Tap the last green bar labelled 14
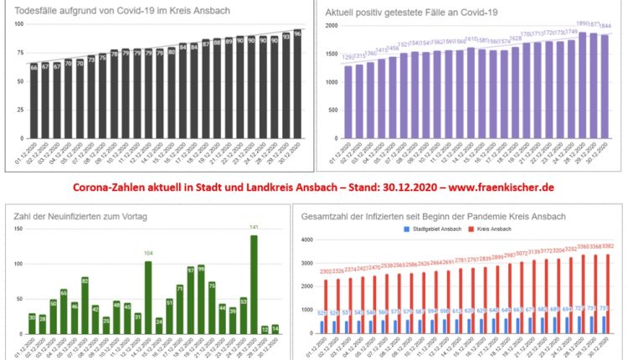pyautogui.click(x=275, y=330)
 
